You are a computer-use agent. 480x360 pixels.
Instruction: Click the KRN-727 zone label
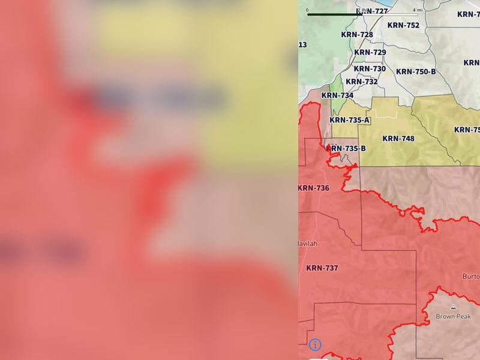(373, 11)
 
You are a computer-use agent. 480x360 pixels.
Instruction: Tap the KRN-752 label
(404, 25)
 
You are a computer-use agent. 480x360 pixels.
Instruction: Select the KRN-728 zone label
(357, 35)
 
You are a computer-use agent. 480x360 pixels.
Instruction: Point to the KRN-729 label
(370, 52)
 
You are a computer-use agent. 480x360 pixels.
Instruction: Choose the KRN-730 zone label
(370, 69)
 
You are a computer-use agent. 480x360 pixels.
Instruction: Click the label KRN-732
(362, 82)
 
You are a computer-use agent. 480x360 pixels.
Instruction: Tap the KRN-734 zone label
(337, 95)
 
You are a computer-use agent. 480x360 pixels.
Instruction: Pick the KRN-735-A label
(350, 120)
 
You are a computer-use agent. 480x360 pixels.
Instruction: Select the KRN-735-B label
(346, 148)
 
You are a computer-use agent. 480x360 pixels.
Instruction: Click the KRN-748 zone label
(398, 139)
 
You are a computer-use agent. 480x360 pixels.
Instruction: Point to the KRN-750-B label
(416, 72)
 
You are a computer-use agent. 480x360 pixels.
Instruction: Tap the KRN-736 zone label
(314, 188)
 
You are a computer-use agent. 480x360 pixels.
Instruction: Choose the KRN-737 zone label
(322, 268)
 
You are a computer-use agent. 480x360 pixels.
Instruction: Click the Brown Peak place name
(453, 316)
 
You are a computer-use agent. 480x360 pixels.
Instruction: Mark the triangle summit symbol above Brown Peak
(453, 307)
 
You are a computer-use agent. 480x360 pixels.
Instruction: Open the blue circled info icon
(315, 344)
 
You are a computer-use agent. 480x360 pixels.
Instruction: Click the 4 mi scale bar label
(417, 10)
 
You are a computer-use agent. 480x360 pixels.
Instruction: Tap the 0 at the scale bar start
(307, 10)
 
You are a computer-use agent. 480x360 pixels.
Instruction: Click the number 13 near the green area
(302, 45)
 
